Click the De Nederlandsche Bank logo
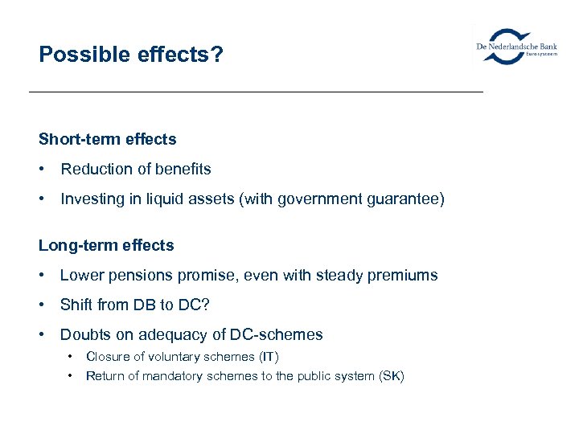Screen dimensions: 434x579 tap(517, 47)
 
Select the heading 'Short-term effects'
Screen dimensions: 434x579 tap(107, 139)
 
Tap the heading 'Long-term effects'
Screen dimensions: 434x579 tap(106, 245)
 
